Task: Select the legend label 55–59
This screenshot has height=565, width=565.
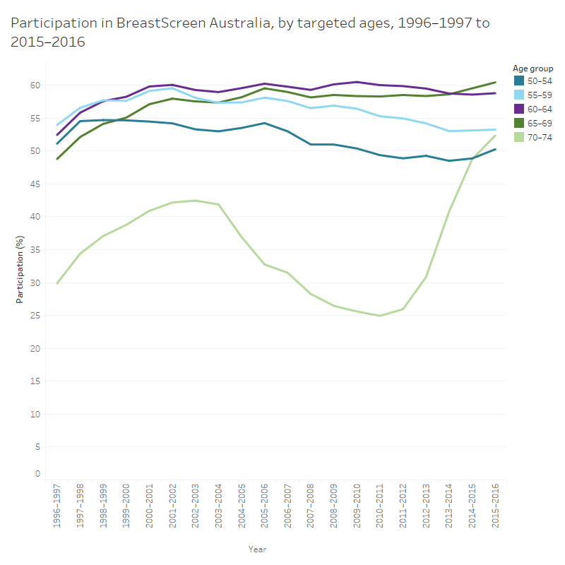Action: coord(540,95)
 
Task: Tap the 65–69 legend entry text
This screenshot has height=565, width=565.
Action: coord(540,123)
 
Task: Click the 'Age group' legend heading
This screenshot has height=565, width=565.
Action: coord(533,69)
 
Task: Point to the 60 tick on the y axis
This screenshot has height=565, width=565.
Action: coord(35,85)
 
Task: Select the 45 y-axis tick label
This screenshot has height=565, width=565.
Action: coord(35,184)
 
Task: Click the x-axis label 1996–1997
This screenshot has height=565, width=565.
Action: coord(56,506)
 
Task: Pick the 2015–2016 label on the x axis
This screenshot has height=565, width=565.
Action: coord(495,506)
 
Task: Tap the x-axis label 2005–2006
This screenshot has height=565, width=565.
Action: coord(264,506)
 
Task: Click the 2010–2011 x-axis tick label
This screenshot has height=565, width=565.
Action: coord(379,506)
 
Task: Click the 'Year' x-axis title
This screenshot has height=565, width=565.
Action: coord(257,549)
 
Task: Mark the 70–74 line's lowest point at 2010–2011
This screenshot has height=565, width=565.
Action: coord(380,316)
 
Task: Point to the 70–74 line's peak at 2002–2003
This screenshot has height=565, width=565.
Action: coord(195,201)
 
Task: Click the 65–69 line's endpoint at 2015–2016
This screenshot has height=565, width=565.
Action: coord(495,83)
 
